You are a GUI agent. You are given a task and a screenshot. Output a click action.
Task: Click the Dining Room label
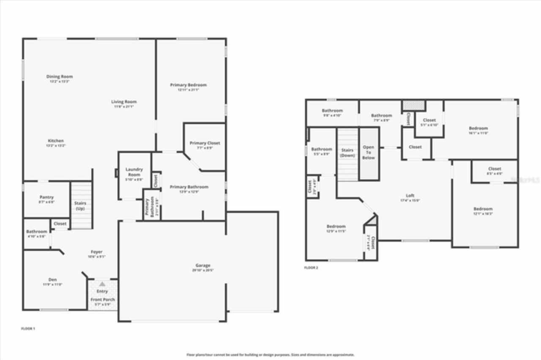click(x=59, y=77)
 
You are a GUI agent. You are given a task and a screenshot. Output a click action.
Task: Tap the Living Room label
click(x=124, y=102)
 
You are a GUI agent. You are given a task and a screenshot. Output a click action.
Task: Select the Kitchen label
click(x=56, y=141)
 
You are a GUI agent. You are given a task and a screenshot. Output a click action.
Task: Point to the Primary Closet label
click(x=205, y=143)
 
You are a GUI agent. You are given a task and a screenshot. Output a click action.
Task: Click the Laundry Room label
click(x=134, y=172)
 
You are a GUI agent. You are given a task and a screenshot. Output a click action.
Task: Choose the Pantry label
click(x=46, y=197)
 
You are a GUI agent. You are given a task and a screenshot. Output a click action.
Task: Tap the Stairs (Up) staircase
click(x=81, y=206)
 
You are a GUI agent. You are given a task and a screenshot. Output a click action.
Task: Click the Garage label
click(x=203, y=265)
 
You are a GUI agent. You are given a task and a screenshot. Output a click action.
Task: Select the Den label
click(x=52, y=280)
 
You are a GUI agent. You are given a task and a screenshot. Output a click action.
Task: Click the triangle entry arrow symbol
click(x=102, y=284)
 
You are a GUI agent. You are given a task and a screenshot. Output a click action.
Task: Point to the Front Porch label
click(x=103, y=300)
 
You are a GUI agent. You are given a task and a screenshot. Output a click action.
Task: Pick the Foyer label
click(x=96, y=252)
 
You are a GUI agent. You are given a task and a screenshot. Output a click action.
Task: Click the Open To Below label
click(x=369, y=153)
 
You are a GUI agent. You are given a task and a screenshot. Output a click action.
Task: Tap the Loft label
click(x=410, y=196)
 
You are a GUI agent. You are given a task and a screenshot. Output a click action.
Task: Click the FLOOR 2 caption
click(x=311, y=267)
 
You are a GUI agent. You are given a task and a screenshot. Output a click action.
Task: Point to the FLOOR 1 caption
click(x=28, y=328)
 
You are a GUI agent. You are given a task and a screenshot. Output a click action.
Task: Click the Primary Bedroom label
click(x=189, y=85)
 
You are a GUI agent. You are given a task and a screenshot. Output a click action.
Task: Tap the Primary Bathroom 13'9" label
click(x=189, y=187)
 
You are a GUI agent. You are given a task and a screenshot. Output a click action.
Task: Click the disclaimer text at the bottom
click(x=270, y=355)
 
